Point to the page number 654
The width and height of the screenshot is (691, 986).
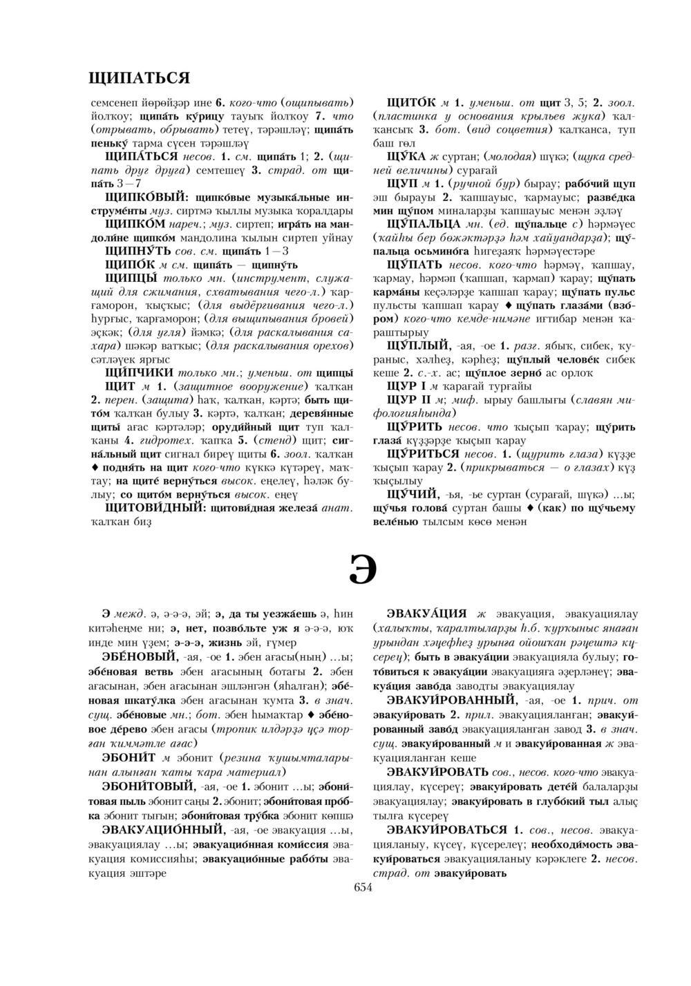pyautogui.click(x=363, y=888)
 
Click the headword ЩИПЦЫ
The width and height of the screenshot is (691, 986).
pyautogui.click(x=129, y=278)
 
